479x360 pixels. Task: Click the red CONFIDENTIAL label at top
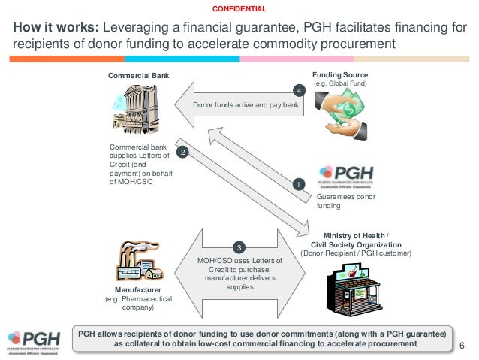pyautogui.click(x=239, y=8)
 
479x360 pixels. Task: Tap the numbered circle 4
pyautogui.click(x=298, y=90)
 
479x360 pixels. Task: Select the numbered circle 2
pyautogui.click(x=181, y=153)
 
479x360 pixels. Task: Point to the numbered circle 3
pyautogui.click(x=239, y=248)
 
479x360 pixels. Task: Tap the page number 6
pyautogui.click(x=462, y=346)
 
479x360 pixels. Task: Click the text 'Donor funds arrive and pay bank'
pyautogui.click(x=246, y=105)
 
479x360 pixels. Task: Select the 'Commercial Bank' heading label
pyautogui.click(x=138, y=76)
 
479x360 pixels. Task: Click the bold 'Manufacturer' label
pyautogui.click(x=138, y=289)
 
